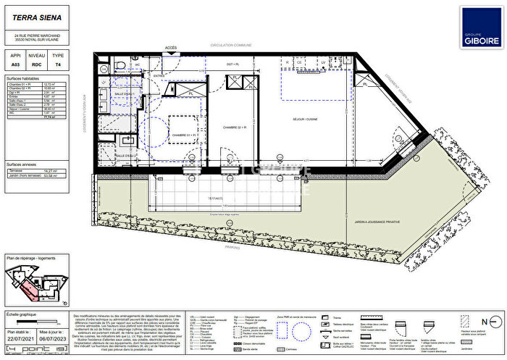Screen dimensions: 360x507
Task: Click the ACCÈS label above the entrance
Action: [171, 48]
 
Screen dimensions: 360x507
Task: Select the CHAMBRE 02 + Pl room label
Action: [236, 127]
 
